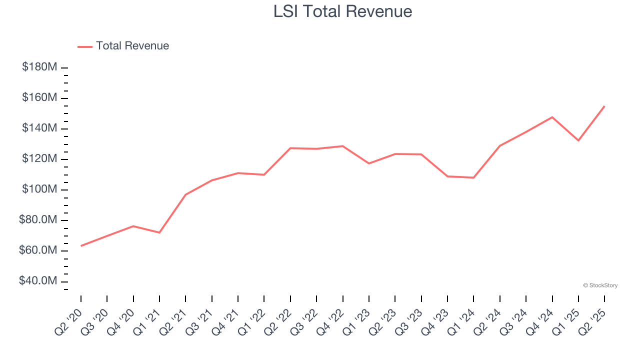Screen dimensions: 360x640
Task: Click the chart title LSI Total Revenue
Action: [x=342, y=11]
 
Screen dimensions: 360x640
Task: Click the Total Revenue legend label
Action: [x=132, y=46]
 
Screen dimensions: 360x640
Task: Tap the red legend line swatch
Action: [x=85, y=46]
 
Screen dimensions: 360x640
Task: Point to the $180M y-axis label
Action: [x=39, y=67]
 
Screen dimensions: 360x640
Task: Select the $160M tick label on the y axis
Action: [x=39, y=97]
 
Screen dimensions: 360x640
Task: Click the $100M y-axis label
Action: [x=39, y=189]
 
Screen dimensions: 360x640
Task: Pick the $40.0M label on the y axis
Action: [x=38, y=281]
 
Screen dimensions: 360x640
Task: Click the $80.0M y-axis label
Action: [x=38, y=220]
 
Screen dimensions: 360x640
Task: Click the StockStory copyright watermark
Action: [x=600, y=285]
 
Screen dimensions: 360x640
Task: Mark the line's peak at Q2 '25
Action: [x=604, y=106]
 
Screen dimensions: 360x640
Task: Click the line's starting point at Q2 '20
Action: [x=81, y=245]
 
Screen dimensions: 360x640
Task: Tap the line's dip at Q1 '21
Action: [x=159, y=232]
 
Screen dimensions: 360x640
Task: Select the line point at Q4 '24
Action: [x=552, y=117]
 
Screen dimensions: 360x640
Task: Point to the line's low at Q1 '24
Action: [x=473, y=177]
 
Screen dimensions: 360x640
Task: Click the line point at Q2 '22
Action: [x=290, y=148]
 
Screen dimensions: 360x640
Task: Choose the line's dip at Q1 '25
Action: [x=578, y=140]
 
